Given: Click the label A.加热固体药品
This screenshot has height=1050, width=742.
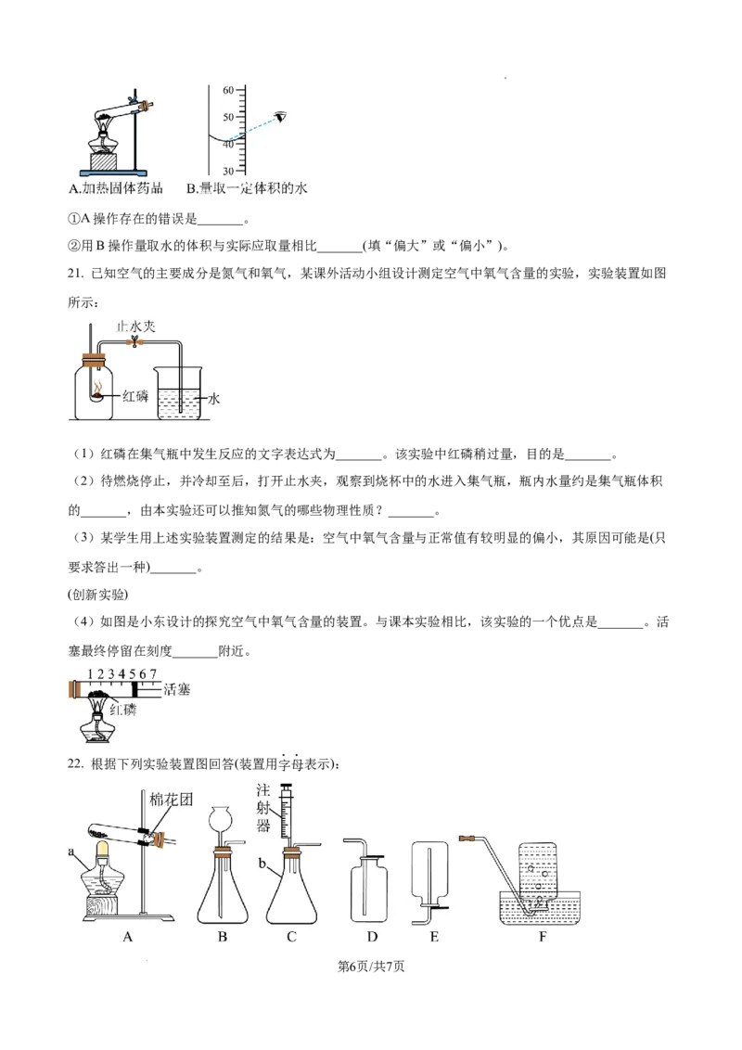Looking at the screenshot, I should tap(117, 189).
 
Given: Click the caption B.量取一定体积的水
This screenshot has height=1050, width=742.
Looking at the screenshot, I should tap(248, 189).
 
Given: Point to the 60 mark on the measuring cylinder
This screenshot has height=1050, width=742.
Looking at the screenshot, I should tap(226, 90).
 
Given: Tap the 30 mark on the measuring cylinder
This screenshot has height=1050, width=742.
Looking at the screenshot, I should tap(226, 171).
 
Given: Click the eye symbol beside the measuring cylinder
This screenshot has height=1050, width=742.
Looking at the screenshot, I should tap(280, 117).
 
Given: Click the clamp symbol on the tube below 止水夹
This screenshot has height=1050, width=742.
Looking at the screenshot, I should tap(135, 342).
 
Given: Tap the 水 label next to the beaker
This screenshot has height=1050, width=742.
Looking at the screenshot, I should tap(214, 398).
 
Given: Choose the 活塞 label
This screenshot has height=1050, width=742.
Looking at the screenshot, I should tap(175, 688).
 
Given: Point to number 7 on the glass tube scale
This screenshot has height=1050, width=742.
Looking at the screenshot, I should tap(154, 672).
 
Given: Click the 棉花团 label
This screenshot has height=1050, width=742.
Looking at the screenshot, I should tap(173, 799).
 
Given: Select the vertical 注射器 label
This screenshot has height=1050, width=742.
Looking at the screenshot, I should tap(264, 808).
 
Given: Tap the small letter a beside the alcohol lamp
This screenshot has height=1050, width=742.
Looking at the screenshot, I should tap(71, 850).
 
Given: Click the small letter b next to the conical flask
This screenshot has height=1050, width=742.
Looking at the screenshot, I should tap(262, 863).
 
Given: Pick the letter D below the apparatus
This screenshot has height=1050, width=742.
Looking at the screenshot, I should tap(372, 937).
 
